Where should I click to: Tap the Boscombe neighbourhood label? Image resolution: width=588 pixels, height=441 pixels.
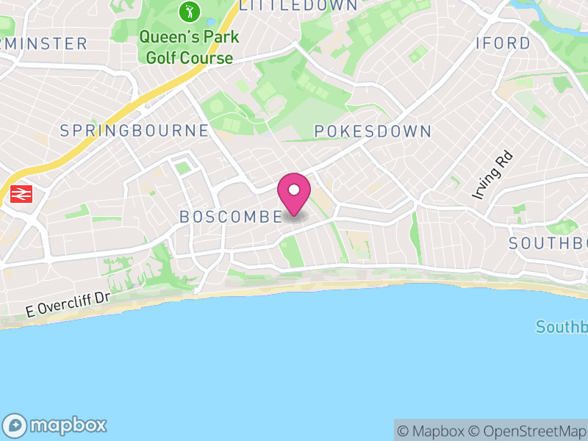click(x=231, y=217)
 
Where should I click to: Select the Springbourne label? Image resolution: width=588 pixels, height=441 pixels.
click(x=135, y=131)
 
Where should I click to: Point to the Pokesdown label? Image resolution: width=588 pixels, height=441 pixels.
click(x=373, y=132)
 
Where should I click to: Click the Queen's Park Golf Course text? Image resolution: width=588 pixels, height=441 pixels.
click(x=187, y=47)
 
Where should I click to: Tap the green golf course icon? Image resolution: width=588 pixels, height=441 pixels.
click(x=190, y=12)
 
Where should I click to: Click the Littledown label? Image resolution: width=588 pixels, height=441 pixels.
click(x=298, y=5)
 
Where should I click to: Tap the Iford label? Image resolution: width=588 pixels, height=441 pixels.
click(x=503, y=43)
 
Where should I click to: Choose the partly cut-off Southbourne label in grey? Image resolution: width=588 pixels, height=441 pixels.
click(x=548, y=243)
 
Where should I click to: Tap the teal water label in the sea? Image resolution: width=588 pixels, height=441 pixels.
click(x=562, y=327)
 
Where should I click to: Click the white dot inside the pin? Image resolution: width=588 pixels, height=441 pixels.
click(x=294, y=190)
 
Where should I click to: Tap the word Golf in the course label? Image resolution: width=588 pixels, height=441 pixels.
click(x=161, y=58)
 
